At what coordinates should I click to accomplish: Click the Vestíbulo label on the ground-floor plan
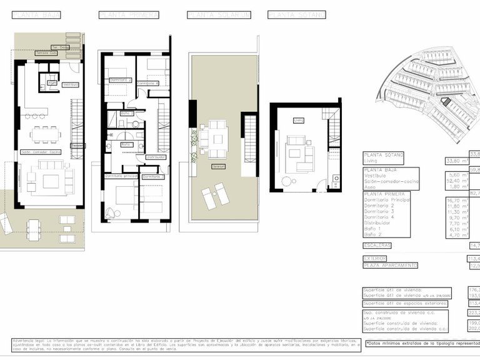click(x=71, y=84)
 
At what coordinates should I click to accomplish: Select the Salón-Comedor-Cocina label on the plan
click(x=41, y=151)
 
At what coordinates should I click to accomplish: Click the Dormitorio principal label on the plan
click(x=121, y=176)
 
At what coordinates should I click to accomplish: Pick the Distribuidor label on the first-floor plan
click(x=156, y=157)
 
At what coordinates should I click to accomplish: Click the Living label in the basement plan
click(x=298, y=121)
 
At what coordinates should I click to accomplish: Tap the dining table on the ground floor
click(x=47, y=134)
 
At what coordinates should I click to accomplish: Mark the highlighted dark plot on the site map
click(x=446, y=101)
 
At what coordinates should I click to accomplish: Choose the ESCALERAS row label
click(x=377, y=246)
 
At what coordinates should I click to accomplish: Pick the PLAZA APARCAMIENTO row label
click(x=390, y=266)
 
